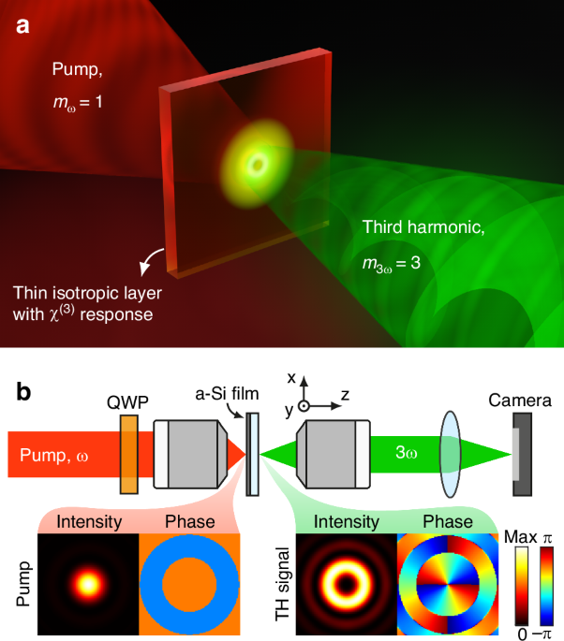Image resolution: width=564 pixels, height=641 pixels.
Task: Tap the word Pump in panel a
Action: [x=73, y=69]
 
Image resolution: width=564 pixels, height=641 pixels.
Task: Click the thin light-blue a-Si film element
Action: [x=253, y=454]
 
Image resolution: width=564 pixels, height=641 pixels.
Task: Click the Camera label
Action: [x=519, y=401]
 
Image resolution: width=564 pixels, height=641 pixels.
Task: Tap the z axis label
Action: [x=345, y=394]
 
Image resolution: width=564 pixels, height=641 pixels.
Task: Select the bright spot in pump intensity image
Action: [x=88, y=583]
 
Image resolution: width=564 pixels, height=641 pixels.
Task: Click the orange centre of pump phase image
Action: [x=189, y=583]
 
